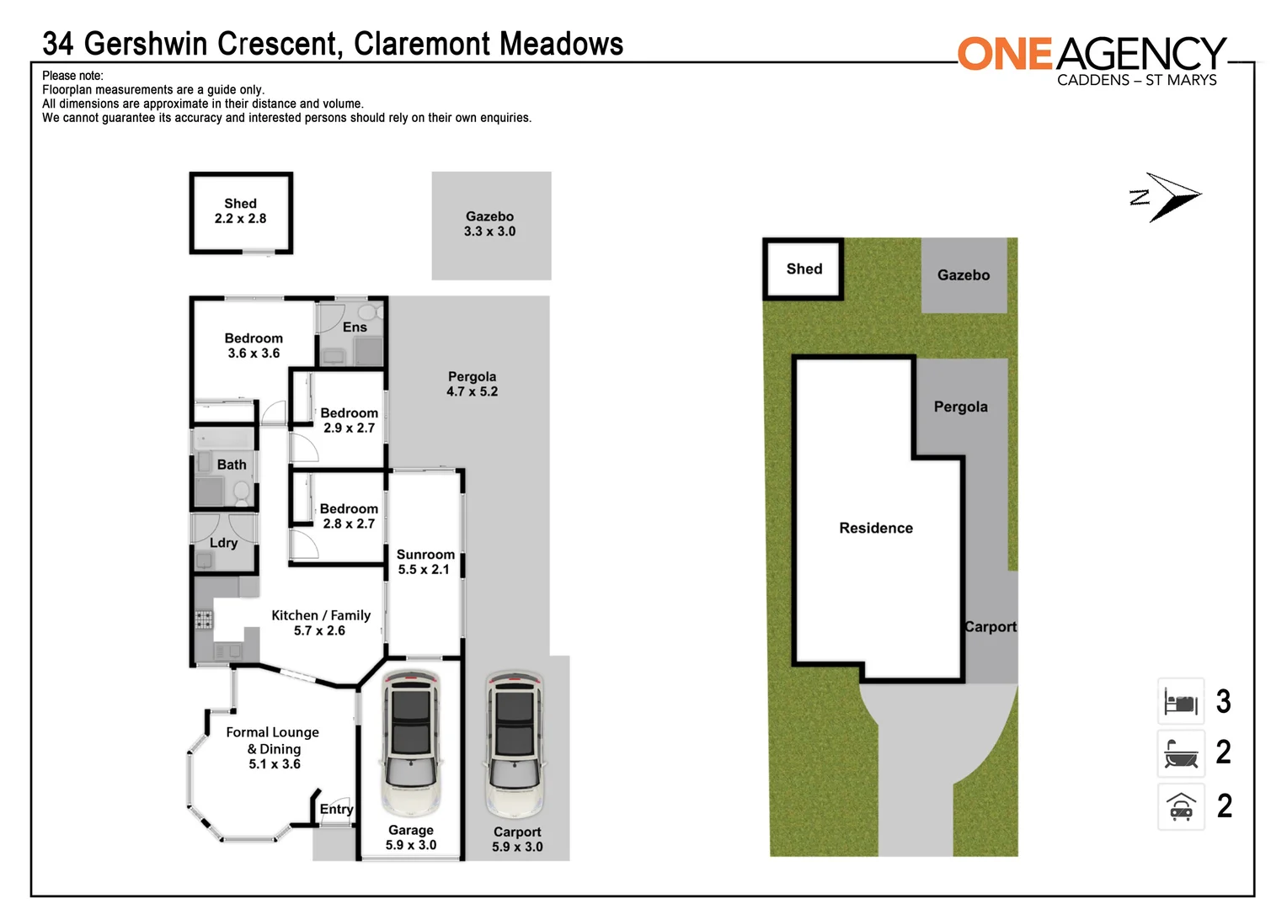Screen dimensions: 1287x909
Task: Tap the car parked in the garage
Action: click(411, 742)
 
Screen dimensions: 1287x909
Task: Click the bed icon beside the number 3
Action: click(1181, 702)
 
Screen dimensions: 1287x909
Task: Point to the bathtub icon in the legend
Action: click(1181, 753)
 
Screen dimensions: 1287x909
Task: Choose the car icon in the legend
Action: click(1181, 807)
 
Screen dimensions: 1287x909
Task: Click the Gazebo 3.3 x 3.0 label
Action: click(489, 224)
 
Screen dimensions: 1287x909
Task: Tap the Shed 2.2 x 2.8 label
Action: click(240, 211)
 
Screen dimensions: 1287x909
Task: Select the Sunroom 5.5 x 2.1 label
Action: click(425, 561)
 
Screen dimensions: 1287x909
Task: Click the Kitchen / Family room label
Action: click(320, 623)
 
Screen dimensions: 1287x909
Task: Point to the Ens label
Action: click(355, 327)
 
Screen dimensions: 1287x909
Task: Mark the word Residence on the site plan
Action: click(876, 528)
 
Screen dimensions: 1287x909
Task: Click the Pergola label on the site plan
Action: click(960, 407)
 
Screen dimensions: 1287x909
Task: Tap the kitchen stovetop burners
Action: click(204, 620)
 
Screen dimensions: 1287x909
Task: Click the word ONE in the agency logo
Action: click(1005, 54)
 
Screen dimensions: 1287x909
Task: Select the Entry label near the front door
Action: click(336, 809)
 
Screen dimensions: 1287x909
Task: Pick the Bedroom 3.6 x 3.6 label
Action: click(254, 345)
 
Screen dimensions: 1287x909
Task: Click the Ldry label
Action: click(223, 543)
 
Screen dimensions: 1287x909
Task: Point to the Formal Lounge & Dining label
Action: click(273, 748)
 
